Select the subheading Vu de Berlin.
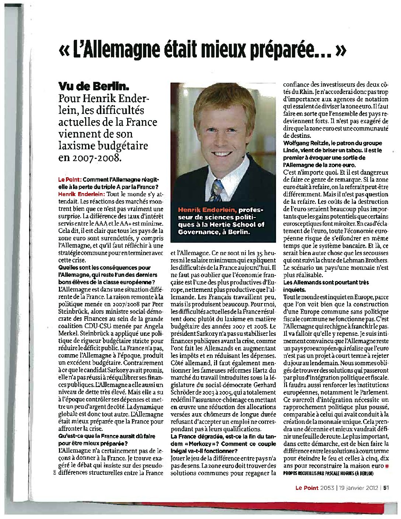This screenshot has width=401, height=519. coord(94,87)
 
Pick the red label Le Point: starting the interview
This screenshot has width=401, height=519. coord(70,180)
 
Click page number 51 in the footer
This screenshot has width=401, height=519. coord(386,487)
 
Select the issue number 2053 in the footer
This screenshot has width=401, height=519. coord(327,487)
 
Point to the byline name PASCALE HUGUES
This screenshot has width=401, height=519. coord(344,473)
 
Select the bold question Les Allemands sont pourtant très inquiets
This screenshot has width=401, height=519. coord(326,286)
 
